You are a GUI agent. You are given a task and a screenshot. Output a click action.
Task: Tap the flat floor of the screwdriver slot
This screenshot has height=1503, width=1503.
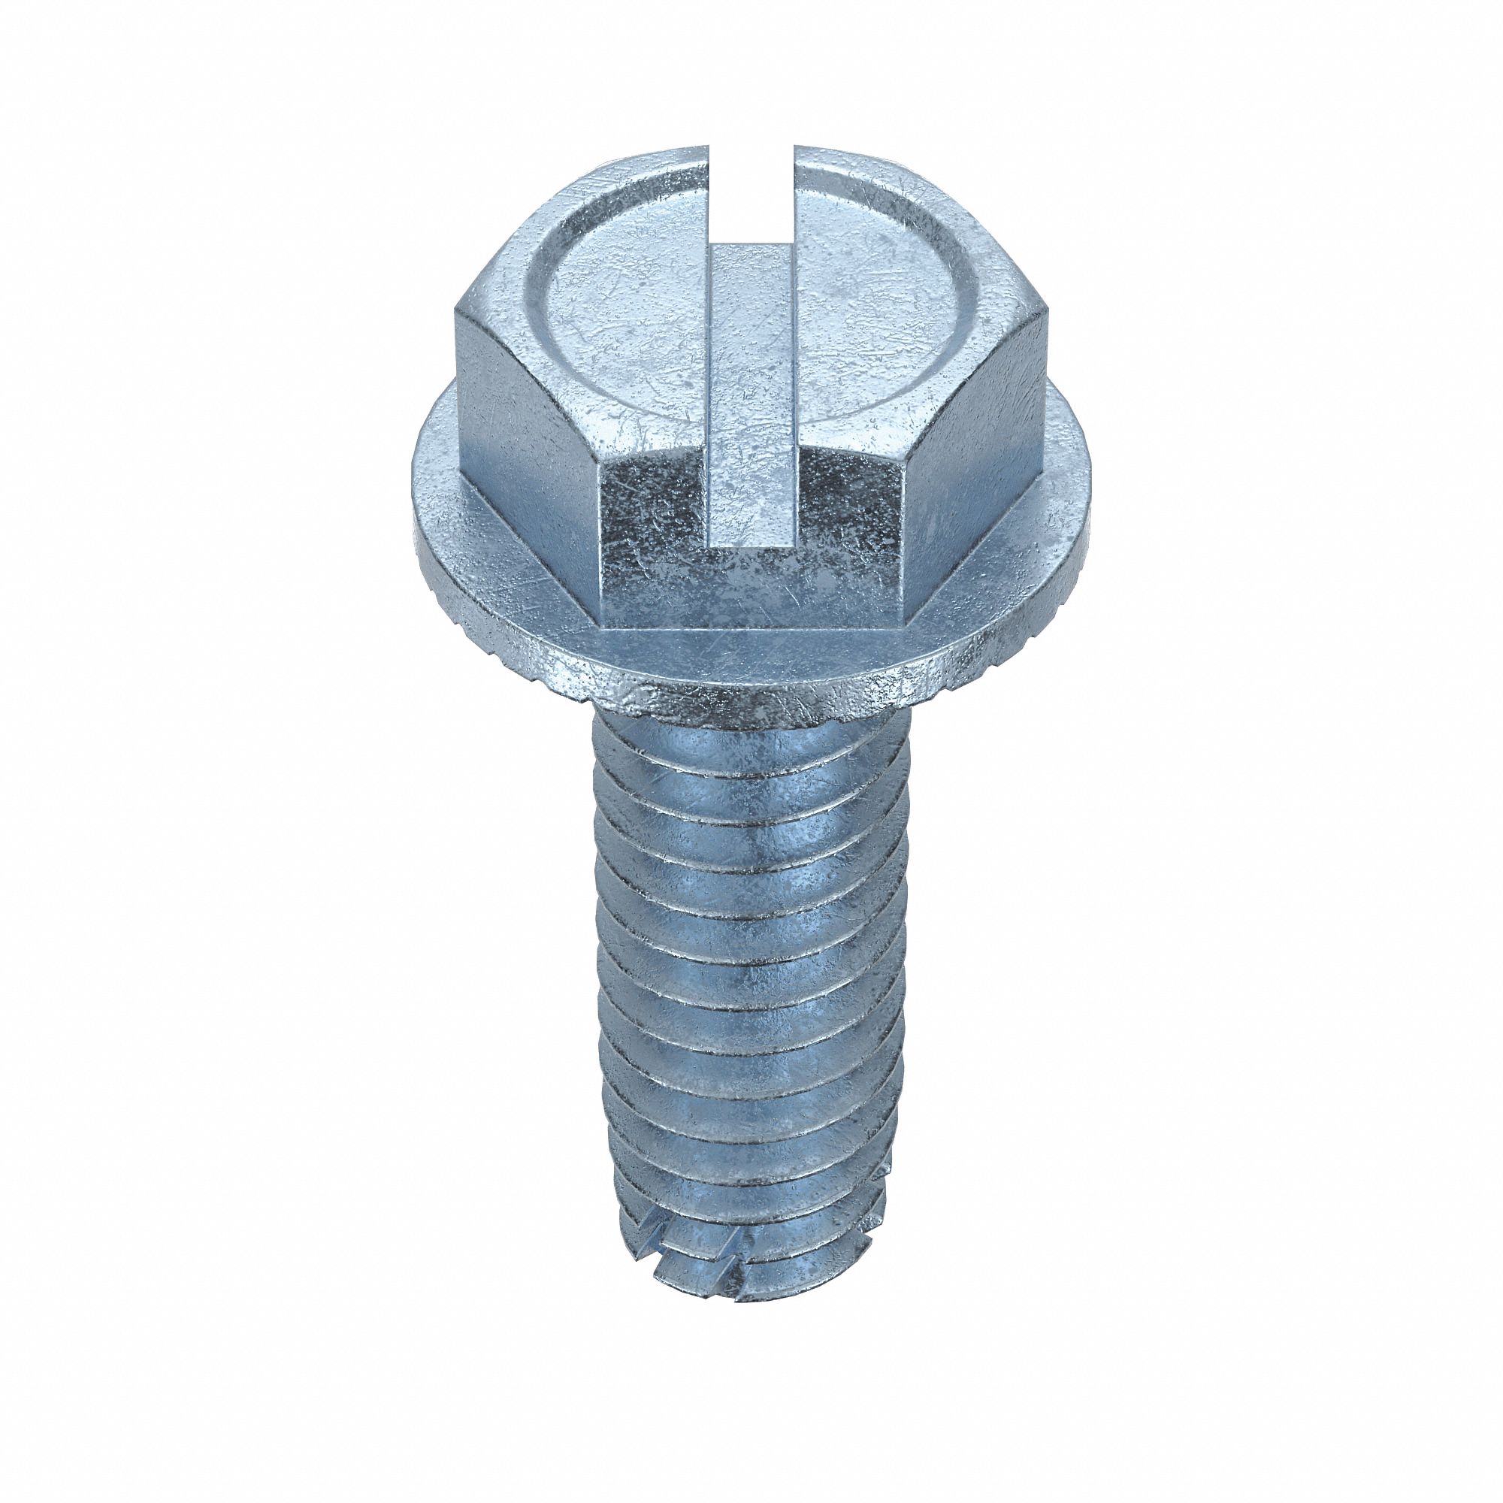point(751,389)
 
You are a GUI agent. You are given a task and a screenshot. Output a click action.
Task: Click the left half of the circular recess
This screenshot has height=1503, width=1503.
point(622,311)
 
